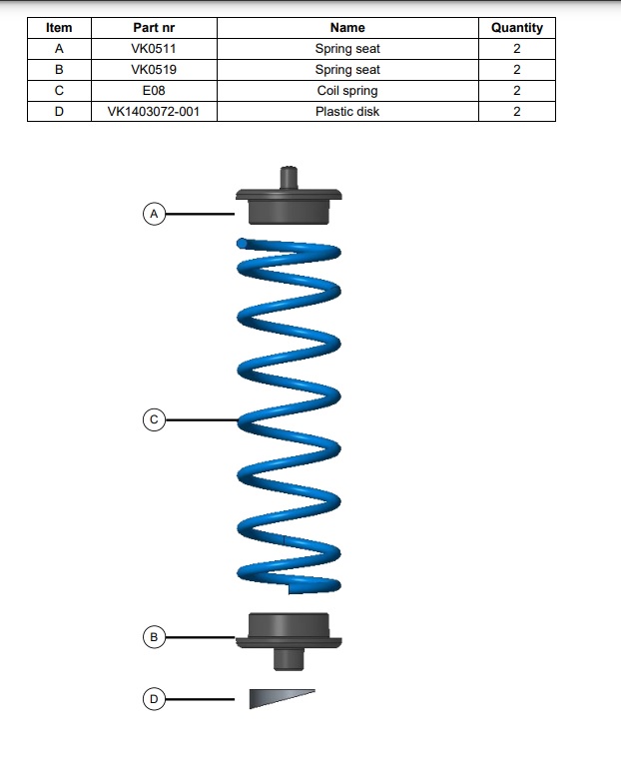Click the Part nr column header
point(154,28)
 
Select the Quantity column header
point(517,28)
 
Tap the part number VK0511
point(154,49)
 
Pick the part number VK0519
point(154,70)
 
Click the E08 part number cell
point(154,91)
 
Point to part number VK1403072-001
point(154,111)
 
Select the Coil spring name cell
point(347,91)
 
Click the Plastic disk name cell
point(347,111)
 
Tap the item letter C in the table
point(59,91)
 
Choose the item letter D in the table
point(59,111)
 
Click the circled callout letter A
point(154,214)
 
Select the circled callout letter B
point(154,637)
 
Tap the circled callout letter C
point(154,419)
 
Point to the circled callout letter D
point(154,699)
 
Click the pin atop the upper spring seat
point(289,178)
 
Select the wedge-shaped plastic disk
point(282,698)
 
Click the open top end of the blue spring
point(242,244)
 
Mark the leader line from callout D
point(201,699)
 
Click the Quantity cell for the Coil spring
point(517,91)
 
